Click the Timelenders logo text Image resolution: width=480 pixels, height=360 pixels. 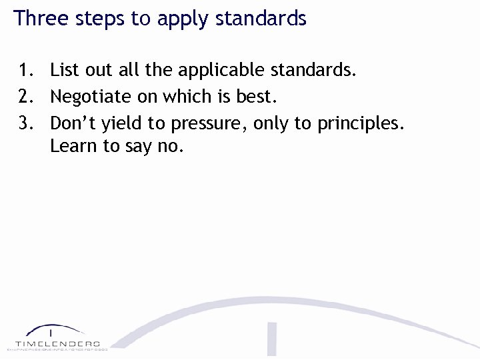click(57, 342)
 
